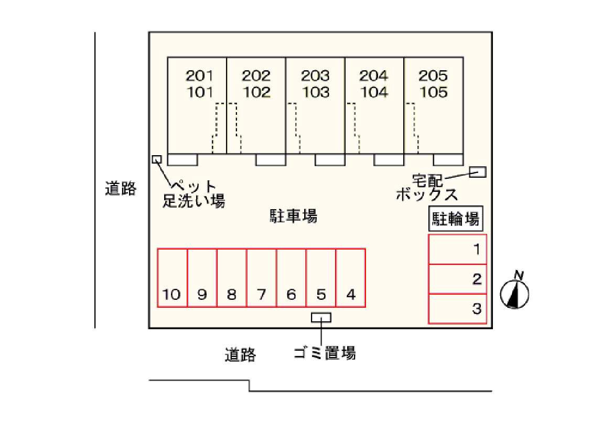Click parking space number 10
[173, 278]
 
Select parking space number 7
[261, 278]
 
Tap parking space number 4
[350, 278]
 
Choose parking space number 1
[458, 249]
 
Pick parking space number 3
[458, 309]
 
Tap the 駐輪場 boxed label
[456, 219]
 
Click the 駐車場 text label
[294, 215]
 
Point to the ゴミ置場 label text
[325, 353]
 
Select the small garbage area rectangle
[321, 317]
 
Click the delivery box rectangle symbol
[477, 171]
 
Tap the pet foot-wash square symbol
[156, 159]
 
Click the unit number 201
[200, 76]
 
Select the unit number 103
[316, 93]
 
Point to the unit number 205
[433, 76]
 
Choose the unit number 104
[374, 93]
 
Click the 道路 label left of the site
[121, 188]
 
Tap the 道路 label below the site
[240, 355]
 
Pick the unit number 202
[256, 76]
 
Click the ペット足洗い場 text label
[193, 193]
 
